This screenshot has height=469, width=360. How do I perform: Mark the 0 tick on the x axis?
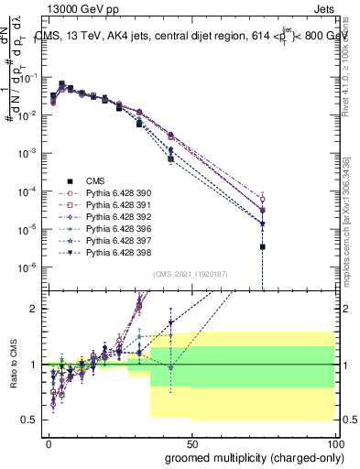[49, 442]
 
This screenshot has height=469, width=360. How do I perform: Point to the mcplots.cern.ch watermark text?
[350, 229]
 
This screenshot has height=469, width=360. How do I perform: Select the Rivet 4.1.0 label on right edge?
[350, 64]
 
